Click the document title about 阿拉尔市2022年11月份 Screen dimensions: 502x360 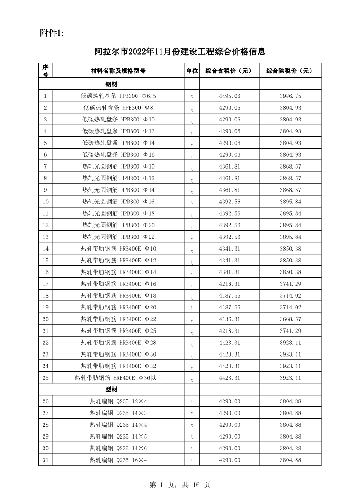pyautogui.click(x=180, y=52)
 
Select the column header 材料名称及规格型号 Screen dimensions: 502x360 pyautogui.click(x=118, y=71)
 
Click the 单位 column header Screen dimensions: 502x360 pyautogui.click(x=192, y=71)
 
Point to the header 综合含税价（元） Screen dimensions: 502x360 pyautogui.click(x=229, y=71)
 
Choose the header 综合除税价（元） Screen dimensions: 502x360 pyautogui.click(x=290, y=71)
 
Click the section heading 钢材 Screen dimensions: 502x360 pyautogui.click(x=112, y=84)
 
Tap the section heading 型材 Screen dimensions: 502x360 pyautogui.click(x=112, y=389)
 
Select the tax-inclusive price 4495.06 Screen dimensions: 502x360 pyautogui.click(x=229, y=96)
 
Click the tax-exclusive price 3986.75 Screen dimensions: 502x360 pyautogui.click(x=290, y=96)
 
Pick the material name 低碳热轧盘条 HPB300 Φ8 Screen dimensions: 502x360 pyautogui.click(x=118, y=108)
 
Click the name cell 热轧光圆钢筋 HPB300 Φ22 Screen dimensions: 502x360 pyautogui.click(x=118, y=237)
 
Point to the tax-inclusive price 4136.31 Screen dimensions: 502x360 pyautogui.click(x=229, y=319)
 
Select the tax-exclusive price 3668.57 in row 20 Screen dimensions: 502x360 pyautogui.click(x=290, y=319)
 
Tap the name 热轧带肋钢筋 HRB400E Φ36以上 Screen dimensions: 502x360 pyautogui.click(x=118, y=378)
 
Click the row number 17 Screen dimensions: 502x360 pyautogui.click(x=45, y=284)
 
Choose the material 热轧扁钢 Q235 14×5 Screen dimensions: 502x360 pyautogui.click(x=118, y=436)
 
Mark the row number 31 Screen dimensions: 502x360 pyautogui.click(x=45, y=460)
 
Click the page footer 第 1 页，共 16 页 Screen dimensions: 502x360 pyautogui.click(x=180, y=485)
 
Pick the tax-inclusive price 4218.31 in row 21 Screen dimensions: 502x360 pyautogui.click(x=229, y=331)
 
